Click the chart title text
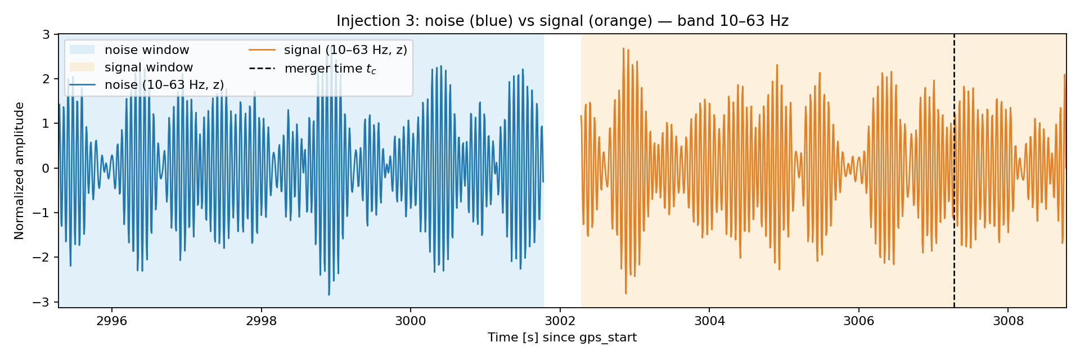[562, 21]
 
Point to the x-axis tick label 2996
[112, 321]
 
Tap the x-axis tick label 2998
[262, 321]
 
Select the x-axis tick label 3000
[411, 321]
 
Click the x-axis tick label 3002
[560, 321]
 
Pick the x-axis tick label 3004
[709, 321]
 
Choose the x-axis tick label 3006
[859, 321]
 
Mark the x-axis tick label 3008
[1008, 321]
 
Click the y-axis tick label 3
[47, 34]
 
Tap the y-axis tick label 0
[47, 168]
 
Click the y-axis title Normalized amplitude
[20, 171]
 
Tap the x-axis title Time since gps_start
[562, 337]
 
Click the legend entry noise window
[129, 50]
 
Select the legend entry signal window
[131, 67]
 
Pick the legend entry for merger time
[312, 69]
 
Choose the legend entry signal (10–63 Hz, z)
[328, 50]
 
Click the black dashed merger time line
[954, 170]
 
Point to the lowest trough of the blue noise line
[329, 295]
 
